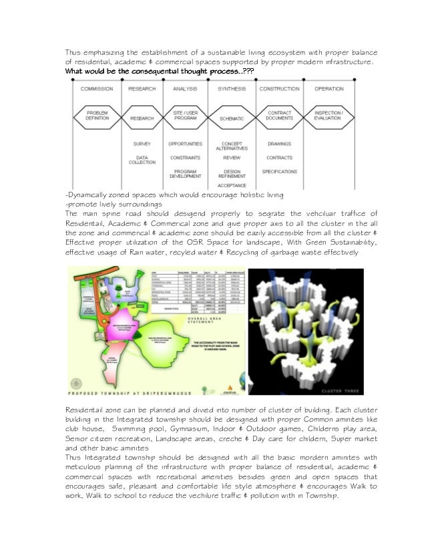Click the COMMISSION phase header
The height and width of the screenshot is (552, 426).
pyautogui.click(x=97, y=89)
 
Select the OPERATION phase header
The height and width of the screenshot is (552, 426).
pyautogui.click(x=329, y=89)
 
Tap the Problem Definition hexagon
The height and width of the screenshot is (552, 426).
pyautogui.click(x=97, y=116)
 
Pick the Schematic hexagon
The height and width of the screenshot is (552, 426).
pyautogui.click(x=232, y=117)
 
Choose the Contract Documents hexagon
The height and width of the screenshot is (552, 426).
pyautogui.click(x=279, y=116)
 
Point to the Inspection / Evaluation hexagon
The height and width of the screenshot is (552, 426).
pyautogui.click(x=329, y=116)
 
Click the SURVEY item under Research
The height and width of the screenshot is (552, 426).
pyautogui.click(x=142, y=144)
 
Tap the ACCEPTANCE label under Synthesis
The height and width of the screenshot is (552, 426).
pyautogui.click(x=232, y=185)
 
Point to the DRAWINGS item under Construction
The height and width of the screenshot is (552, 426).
pyautogui.click(x=279, y=144)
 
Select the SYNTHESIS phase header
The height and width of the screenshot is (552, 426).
pyautogui.click(x=232, y=89)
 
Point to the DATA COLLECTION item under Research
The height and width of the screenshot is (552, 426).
pyautogui.click(x=142, y=161)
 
